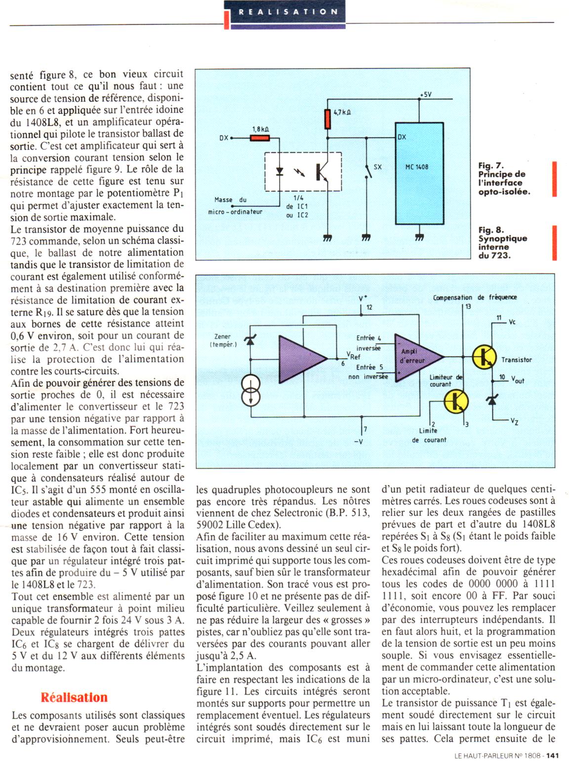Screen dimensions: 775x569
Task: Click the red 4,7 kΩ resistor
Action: pyautogui.click(x=327, y=119)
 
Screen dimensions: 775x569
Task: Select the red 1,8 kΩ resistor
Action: pyautogui.click(x=260, y=138)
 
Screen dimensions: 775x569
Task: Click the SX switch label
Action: pyautogui.click(x=378, y=167)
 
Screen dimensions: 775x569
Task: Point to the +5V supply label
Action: pyautogui.click(x=425, y=94)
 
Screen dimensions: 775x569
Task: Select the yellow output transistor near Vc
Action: pyautogui.click(x=484, y=357)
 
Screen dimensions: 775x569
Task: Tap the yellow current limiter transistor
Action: pyautogui.click(x=456, y=401)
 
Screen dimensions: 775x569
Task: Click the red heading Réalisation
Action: pyautogui.click(x=74, y=697)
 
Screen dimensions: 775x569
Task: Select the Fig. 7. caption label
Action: pyautogui.click(x=491, y=166)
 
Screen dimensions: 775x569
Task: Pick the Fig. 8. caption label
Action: pyautogui.click(x=491, y=230)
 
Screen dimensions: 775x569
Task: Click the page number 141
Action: pyautogui.click(x=553, y=755)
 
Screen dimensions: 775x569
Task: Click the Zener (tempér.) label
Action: pyautogui.click(x=223, y=340)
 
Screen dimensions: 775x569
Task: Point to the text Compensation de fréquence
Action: pyautogui.click(x=475, y=297)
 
